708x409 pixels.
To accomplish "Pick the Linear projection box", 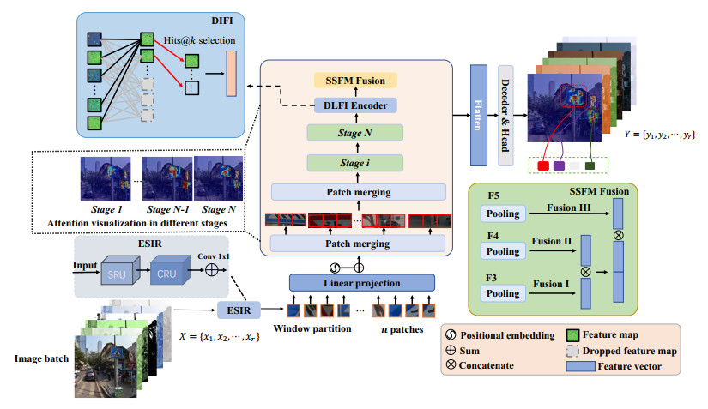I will tap(360, 282).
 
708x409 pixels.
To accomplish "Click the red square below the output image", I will tap(544, 165).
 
